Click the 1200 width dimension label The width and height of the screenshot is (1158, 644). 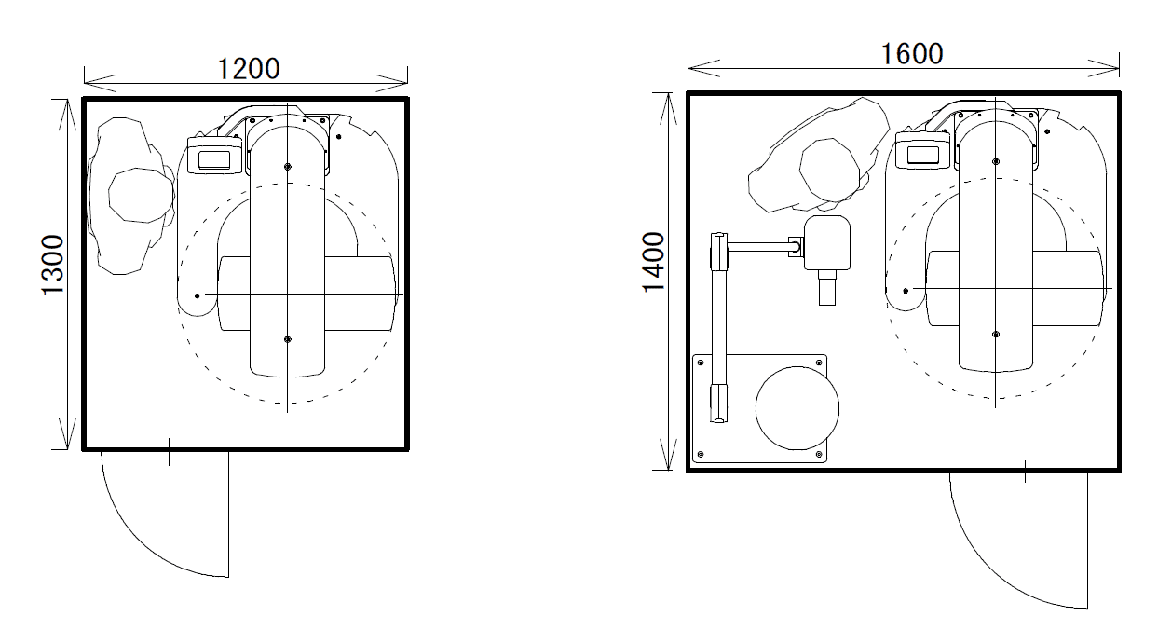(249, 69)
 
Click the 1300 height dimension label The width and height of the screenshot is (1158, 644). (53, 265)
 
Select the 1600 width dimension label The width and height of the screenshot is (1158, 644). (912, 54)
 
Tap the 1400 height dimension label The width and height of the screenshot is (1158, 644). (653, 262)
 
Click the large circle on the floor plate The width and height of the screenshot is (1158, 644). (797, 408)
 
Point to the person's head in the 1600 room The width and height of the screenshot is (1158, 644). (830, 170)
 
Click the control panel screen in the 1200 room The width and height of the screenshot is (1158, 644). (214, 160)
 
